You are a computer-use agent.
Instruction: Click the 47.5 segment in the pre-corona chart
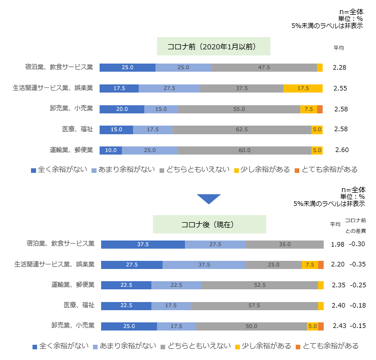point(264,68)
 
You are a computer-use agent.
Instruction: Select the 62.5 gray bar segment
point(242,130)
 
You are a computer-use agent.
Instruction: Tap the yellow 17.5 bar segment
point(303,88)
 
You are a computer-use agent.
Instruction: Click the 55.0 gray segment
point(239,109)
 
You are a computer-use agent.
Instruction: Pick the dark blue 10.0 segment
point(111,150)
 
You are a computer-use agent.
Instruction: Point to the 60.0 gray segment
point(244,150)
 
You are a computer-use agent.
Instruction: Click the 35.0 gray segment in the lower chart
point(285,245)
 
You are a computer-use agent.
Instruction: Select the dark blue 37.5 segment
point(143,245)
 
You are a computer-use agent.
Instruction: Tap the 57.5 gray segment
point(254,306)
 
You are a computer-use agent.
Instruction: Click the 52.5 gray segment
point(259,285)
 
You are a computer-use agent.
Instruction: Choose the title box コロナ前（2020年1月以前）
point(212,46)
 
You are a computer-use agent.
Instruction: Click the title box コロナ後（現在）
point(209,224)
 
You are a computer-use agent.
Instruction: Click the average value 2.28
point(339,68)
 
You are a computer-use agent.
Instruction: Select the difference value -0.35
point(358,265)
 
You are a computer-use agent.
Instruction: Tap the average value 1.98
point(338,245)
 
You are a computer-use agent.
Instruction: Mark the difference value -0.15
point(358,326)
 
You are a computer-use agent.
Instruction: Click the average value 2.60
point(341,150)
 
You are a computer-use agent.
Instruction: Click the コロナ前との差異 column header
point(356,225)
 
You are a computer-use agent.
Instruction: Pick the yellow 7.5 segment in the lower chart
point(309,265)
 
